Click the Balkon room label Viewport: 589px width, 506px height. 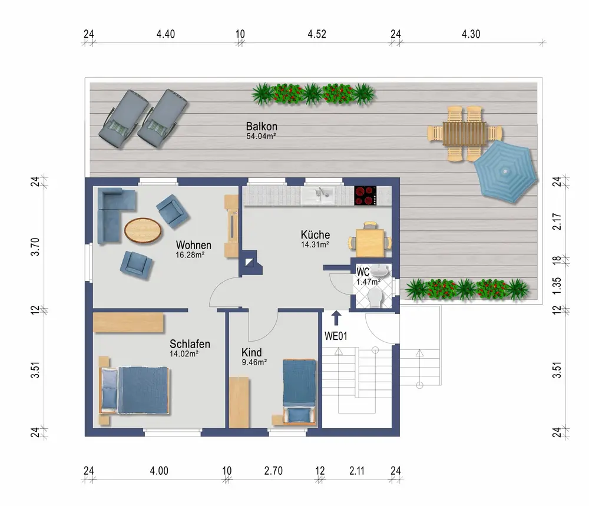tap(262, 126)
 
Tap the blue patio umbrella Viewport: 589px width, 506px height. tap(505, 171)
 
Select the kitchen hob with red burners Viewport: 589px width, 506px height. tap(365, 196)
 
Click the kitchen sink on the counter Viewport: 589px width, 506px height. tap(317, 196)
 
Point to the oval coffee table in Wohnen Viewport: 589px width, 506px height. tap(143, 231)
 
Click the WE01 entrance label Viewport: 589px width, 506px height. tap(336, 336)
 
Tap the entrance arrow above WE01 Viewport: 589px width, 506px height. tap(336, 318)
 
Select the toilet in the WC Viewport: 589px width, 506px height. tap(375, 299)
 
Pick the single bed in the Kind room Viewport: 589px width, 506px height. tap(299, 392)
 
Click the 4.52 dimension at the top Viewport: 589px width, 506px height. tap(317, 34)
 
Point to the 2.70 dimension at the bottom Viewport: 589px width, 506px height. tap(273, 471)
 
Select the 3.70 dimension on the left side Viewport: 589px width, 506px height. tap(35, 247)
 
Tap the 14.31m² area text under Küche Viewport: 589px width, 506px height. tap(315, 244)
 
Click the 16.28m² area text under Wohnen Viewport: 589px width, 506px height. tap(190, 255)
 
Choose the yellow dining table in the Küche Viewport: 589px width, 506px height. tap(370, 242)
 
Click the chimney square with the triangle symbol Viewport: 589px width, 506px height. tap(249, 262)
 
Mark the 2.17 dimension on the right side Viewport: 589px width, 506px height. tap(557, 221)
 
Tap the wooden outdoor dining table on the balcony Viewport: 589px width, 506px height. tap(465, 134)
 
